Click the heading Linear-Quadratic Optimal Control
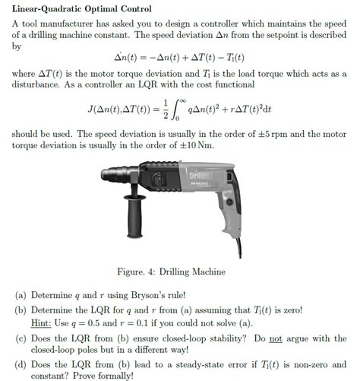(x=81, y=9)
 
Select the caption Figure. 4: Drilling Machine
(x=180, y=271)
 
